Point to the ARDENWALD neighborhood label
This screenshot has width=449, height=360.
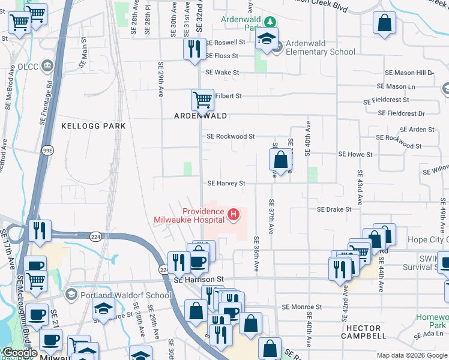[x=200, y=115]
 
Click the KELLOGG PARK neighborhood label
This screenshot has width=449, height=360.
[x=94, y=126]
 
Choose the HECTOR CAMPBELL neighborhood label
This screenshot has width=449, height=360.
[x=364, y=333]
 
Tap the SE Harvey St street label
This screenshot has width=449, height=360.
[x=226, y=183]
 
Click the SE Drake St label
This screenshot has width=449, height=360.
[x=334, y=209]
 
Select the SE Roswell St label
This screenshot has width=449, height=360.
[x=225, y=43]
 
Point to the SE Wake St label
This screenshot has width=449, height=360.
[x=222, y=73]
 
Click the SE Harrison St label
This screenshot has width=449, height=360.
[x=199, y=280]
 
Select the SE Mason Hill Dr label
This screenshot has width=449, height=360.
[x=414, y=73]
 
